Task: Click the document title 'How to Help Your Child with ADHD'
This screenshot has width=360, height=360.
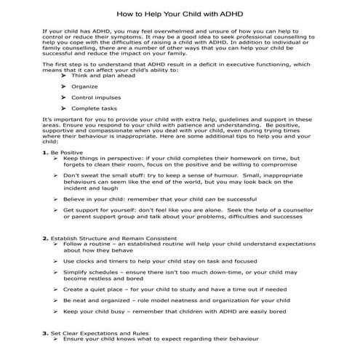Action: [180, 14]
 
